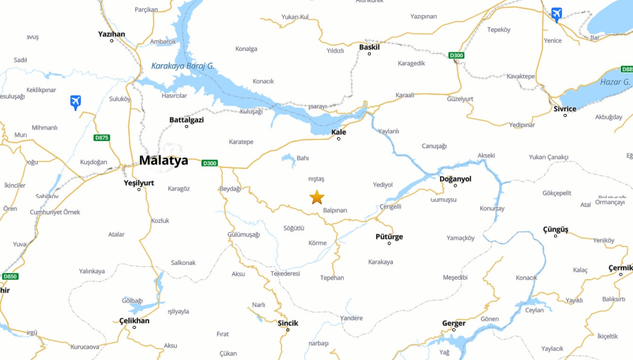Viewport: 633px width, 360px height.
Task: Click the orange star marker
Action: click(x=317, y=197)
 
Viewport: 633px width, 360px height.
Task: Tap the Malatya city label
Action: click(x=163, y=160)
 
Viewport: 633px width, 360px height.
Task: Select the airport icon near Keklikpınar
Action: click(x=75, y=102)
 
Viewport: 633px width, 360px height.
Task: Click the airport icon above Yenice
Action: click(x=557, y=14)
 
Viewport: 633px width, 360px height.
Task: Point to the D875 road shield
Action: click(x=101, y=138)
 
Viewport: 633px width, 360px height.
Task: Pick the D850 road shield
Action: click(x=10, y=276)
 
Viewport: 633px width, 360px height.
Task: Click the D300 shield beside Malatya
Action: click(x=209, y=163)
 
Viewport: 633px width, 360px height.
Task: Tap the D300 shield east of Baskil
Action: click(x=457, y=55)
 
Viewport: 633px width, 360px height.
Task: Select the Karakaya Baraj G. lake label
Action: click(x=183, y=66)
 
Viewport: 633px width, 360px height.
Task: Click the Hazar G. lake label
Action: click(x=615, y=82)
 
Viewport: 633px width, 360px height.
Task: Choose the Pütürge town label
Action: click(x=389, y=237)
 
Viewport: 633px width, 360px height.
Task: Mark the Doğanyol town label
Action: click(x=455, y=179)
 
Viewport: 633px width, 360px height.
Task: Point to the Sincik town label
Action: click(x=288, y=323)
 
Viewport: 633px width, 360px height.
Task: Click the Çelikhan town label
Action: click(x=134, y=321)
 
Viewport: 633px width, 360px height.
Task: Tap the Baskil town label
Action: click(x=369, y=47)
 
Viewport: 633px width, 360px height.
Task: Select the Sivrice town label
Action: click(x=565, y=109)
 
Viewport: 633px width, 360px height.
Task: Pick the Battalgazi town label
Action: click(x=186, y=120)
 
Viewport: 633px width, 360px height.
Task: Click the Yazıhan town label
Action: click(x=111, y=34)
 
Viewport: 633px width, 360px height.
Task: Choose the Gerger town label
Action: click(x=454, y=323)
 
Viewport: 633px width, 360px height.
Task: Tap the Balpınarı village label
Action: click(x=335, y=210)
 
